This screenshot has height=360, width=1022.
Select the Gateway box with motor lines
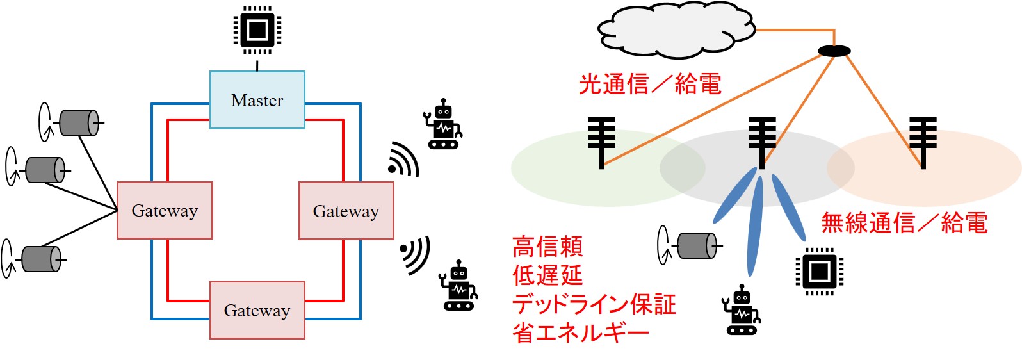tap(165, 211)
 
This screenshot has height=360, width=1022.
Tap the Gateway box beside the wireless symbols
tap(346, 211)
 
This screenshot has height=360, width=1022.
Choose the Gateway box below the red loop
tap(257, 310)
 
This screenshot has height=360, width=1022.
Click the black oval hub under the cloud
tap(834, 51)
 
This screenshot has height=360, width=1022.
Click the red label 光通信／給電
tap(650, 84)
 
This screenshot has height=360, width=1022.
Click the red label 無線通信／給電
tap(904, 223)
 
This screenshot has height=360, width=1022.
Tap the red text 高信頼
tap(547, 247)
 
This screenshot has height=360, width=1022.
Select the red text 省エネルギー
tap(581, 332)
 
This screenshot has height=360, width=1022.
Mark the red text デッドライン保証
tap(594, 304)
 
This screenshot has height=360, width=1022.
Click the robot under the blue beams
tap(742, 310)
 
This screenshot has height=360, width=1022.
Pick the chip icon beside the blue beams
tap(819, 271)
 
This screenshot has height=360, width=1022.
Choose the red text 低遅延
tap(547, 275)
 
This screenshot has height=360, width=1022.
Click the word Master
tap(257, 101)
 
